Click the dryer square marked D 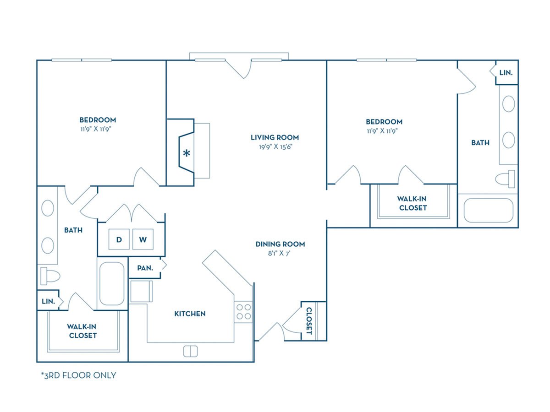pyautogui.click(x=119, y=239)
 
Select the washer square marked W pyautogui.click(x=143, y=239)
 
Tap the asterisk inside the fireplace pyautogui.click(x=187, y=153)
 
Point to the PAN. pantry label pyautogui.click(x=145, y=268)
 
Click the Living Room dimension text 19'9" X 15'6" pyautogui.click(x=275, y=146)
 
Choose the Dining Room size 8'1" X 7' pyautogui.click(x=279, y=254)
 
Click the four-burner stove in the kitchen pyautogui.click(x=243, y=312)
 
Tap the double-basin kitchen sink pyautogui.click(x=190, y=351)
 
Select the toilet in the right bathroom pyautogui.click(x=505, y=179)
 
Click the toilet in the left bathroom pyautogui.click(x=50, y=276)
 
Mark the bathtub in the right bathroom pyautogui.click(x=489, y=211)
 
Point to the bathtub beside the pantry pyautogui.click(x=112, y=283)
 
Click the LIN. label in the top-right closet pyautogui.click(x=506, y=73)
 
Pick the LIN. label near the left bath pyautogui.click(x=49, y=301)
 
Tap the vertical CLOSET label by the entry pyautogui.click(x=309, y=321)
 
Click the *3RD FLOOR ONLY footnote pyautogui.click(x=79, y=375)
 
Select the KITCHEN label pyautogui.click(x=190, y=314)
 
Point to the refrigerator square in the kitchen pyautogui.click(x=141, y=291)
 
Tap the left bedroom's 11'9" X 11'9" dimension pyautogui.click(x=95, y=129)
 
